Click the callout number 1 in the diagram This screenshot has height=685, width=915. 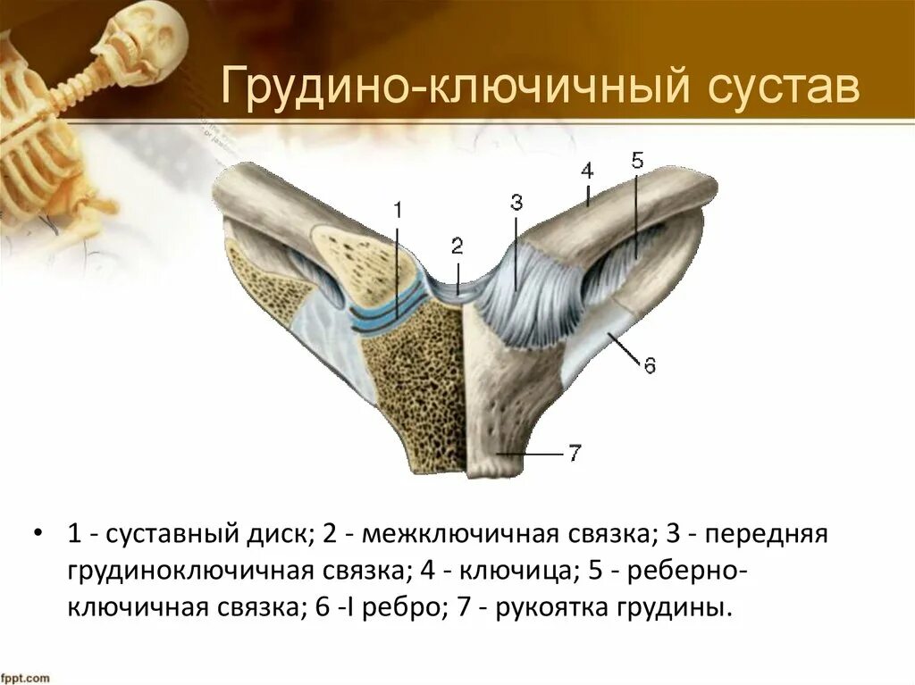tap(398, 211)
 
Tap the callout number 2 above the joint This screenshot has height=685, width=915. tap(457, 246)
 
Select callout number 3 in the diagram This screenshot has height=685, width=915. tap(516, 203)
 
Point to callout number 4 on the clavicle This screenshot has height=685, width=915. tap(586, 170)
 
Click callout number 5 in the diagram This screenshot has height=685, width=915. tap(636, 162)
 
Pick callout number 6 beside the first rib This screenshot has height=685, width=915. tap(650, 365)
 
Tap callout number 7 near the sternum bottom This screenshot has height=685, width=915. tap(574, 454)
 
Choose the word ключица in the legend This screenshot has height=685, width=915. tap(481, 572)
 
